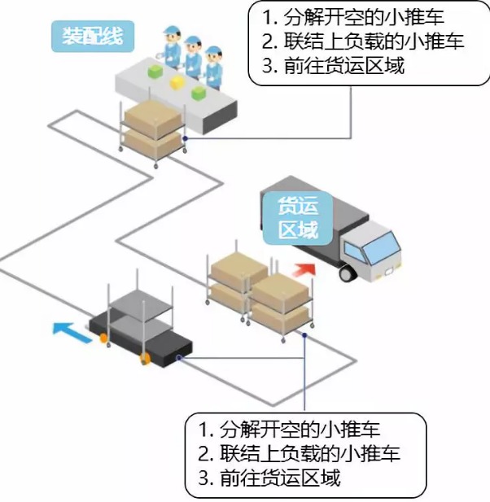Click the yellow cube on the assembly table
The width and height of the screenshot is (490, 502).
175,82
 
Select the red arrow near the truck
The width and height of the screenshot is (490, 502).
304,269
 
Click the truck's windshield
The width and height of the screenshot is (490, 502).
383,244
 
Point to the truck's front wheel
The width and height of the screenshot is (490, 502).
348,273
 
